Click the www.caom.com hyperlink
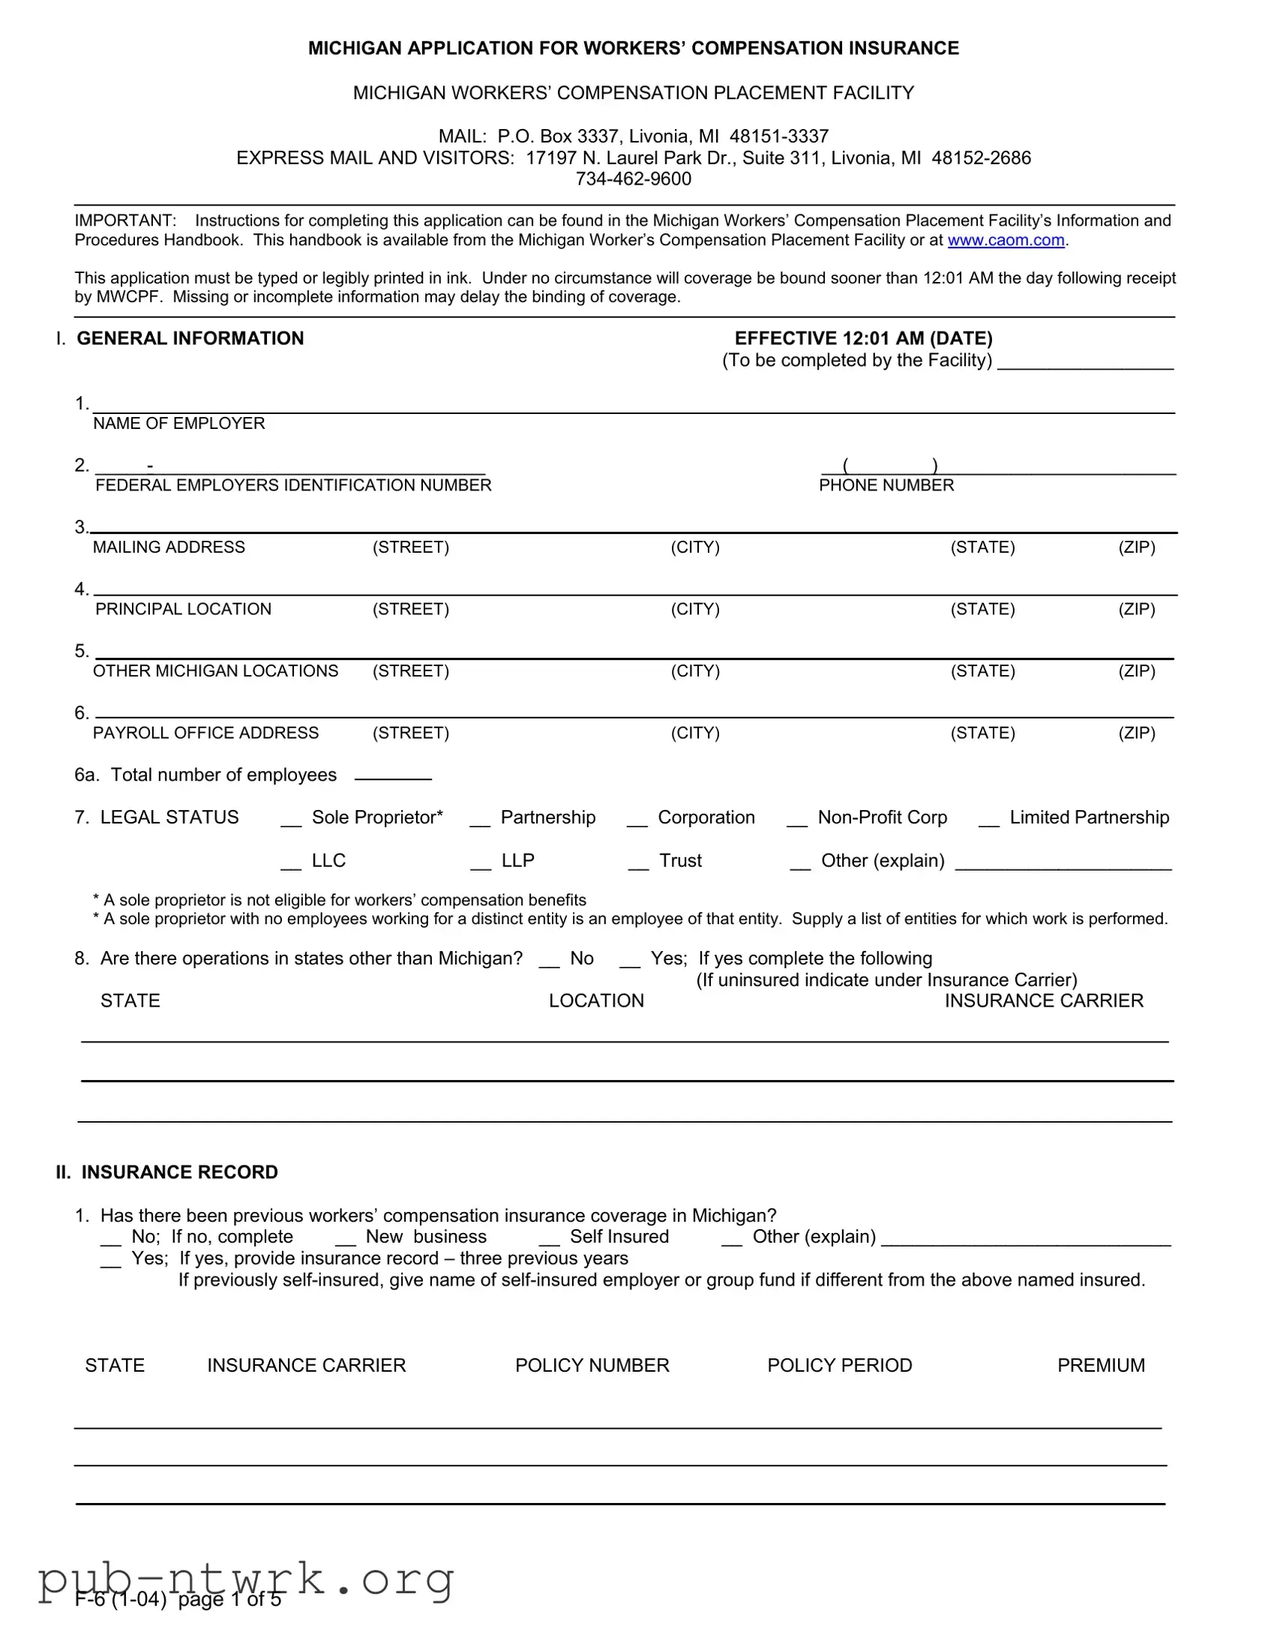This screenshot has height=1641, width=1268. coord(1006,241)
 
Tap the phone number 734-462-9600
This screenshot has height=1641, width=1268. coord(633,178)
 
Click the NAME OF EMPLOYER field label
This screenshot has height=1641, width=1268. coord(178,424)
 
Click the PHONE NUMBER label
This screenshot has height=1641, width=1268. coord(886,485)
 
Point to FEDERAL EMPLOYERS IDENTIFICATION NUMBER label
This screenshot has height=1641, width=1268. coord(293,485)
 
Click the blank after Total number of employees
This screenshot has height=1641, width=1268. coord(393,775)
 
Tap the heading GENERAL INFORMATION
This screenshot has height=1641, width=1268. coord(190,339)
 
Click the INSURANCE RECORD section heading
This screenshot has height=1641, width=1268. coord(179,1173)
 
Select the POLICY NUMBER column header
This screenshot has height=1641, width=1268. coord(592,1366)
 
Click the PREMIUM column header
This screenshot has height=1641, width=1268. coord(1101,1366)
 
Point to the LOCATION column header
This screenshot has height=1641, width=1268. coord(596,1001)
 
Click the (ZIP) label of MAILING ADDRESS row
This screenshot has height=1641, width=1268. coord(1137,547)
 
